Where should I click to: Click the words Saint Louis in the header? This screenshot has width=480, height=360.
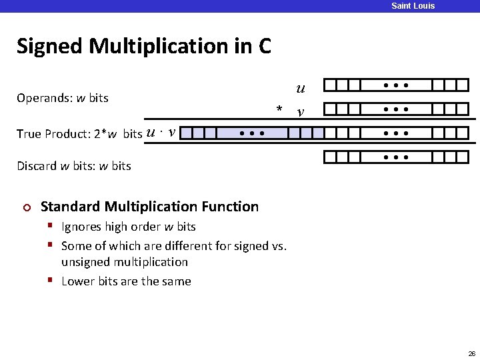coord(413,6)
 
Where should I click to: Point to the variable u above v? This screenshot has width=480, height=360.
coord(301,88)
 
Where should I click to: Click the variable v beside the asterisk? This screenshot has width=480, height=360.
coord(301,112)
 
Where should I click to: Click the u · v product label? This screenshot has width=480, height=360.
coord(160,132)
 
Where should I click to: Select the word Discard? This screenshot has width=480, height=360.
coord(37,165)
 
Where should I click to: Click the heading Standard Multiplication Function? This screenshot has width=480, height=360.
coord(149,207)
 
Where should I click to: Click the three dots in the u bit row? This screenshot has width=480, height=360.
coord(396,86)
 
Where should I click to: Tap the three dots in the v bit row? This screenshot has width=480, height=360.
coord(396,109)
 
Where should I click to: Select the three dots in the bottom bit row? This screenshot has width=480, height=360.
coord(396,158)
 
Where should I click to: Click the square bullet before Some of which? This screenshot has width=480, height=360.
coord(51,245)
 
